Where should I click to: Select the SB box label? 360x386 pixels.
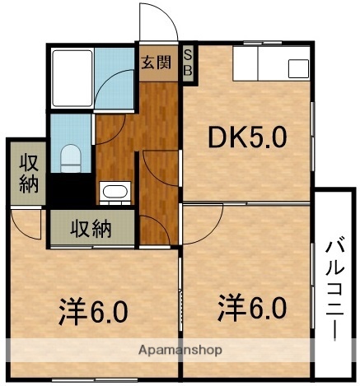188,63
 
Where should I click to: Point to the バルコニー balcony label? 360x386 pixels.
334,287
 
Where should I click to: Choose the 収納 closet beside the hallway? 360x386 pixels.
90,228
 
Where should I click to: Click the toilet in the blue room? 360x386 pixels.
71,156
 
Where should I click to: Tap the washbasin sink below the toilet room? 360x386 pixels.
114,192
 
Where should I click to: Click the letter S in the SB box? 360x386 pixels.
188,55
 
